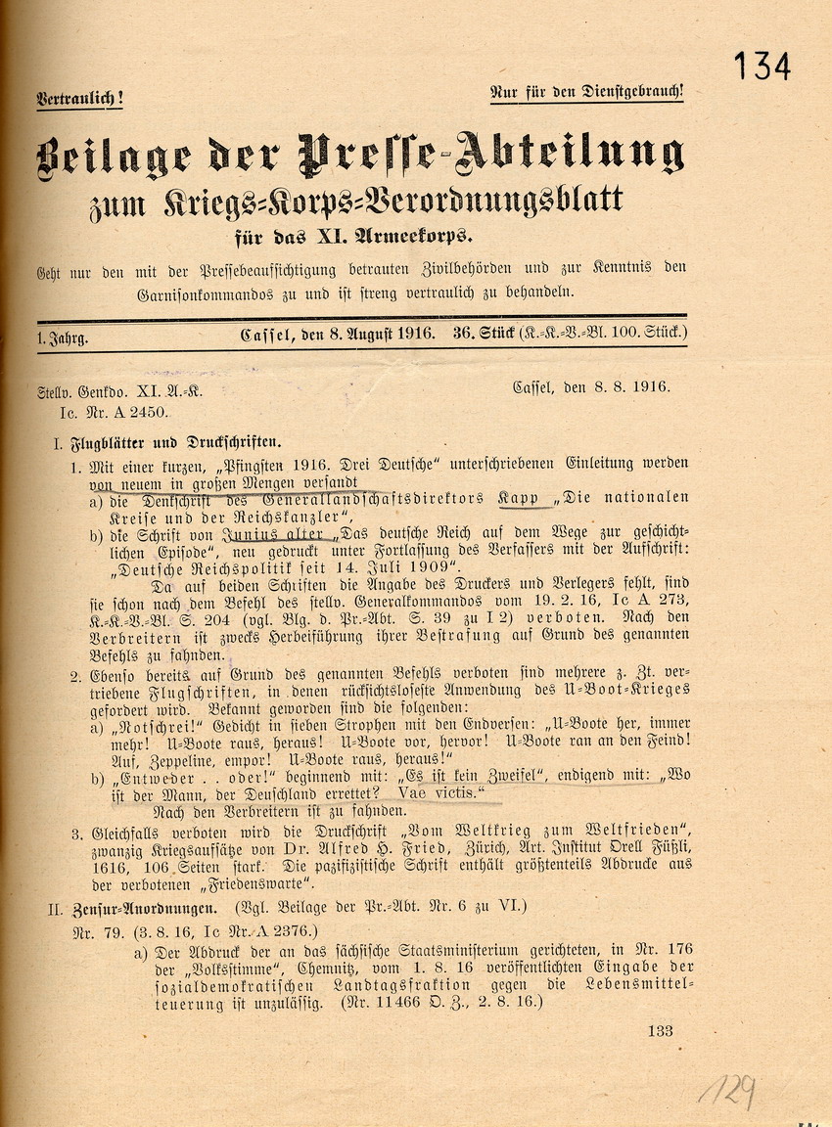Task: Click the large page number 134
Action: pos(762,66)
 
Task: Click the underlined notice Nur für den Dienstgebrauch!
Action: pos(586,93)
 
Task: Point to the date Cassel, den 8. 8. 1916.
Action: pos(591,386)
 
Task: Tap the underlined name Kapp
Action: pos(519,499)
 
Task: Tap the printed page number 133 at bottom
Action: pos(660,1030)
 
